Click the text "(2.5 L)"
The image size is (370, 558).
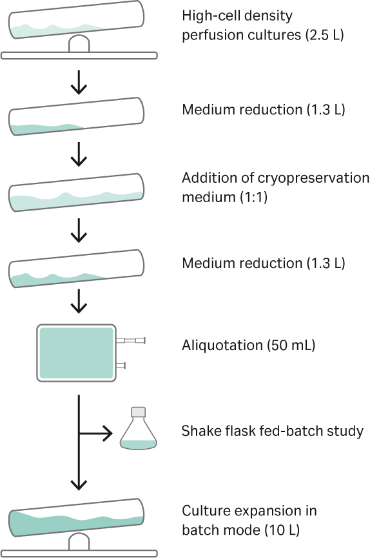(x=323, y=34)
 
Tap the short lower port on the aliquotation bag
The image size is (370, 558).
(x=121, y=366)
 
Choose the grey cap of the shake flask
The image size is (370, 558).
(x=139, y=413)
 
